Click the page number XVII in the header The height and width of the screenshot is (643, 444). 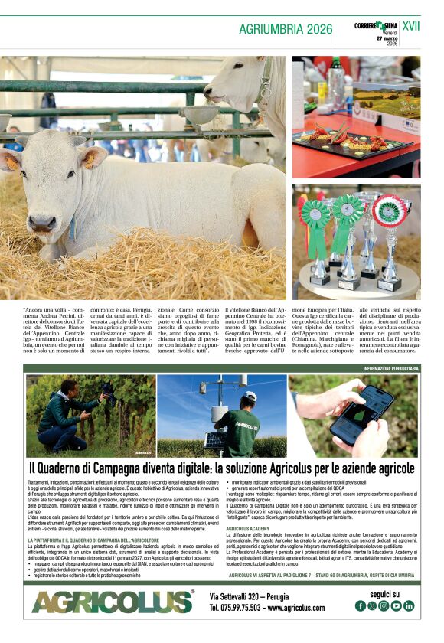tap(411, 27)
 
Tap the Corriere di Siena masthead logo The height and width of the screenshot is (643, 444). tap(376, 26)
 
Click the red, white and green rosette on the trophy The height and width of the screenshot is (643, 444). tap(390, 211)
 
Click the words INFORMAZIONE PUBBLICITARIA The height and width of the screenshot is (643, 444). tap(390, 368)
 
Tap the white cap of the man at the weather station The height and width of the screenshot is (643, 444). tap(250, 396)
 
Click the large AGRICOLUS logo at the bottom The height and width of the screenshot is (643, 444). tap(113, 601)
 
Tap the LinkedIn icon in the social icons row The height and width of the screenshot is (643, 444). tap(410, 605)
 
